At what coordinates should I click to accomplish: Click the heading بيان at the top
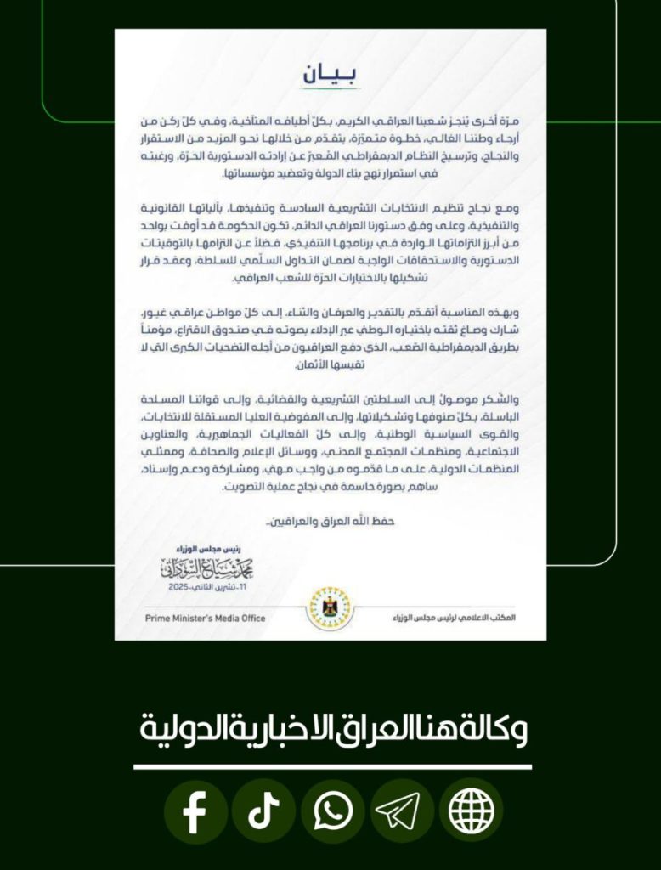pyautogui.click(x=330, y=75)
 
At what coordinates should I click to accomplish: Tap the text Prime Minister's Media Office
pyautogui.click(x=193, y=618)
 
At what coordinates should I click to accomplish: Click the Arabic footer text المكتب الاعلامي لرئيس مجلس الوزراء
pyautogui.click(x=467, y=618)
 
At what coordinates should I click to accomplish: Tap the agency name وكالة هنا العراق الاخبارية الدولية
pyautogui.click(x=332, y=730)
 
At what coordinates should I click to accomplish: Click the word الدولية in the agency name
pyautogui.click(x=175, y=730)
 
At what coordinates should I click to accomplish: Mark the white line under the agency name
pyautogui.click(x=332, y=766)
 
